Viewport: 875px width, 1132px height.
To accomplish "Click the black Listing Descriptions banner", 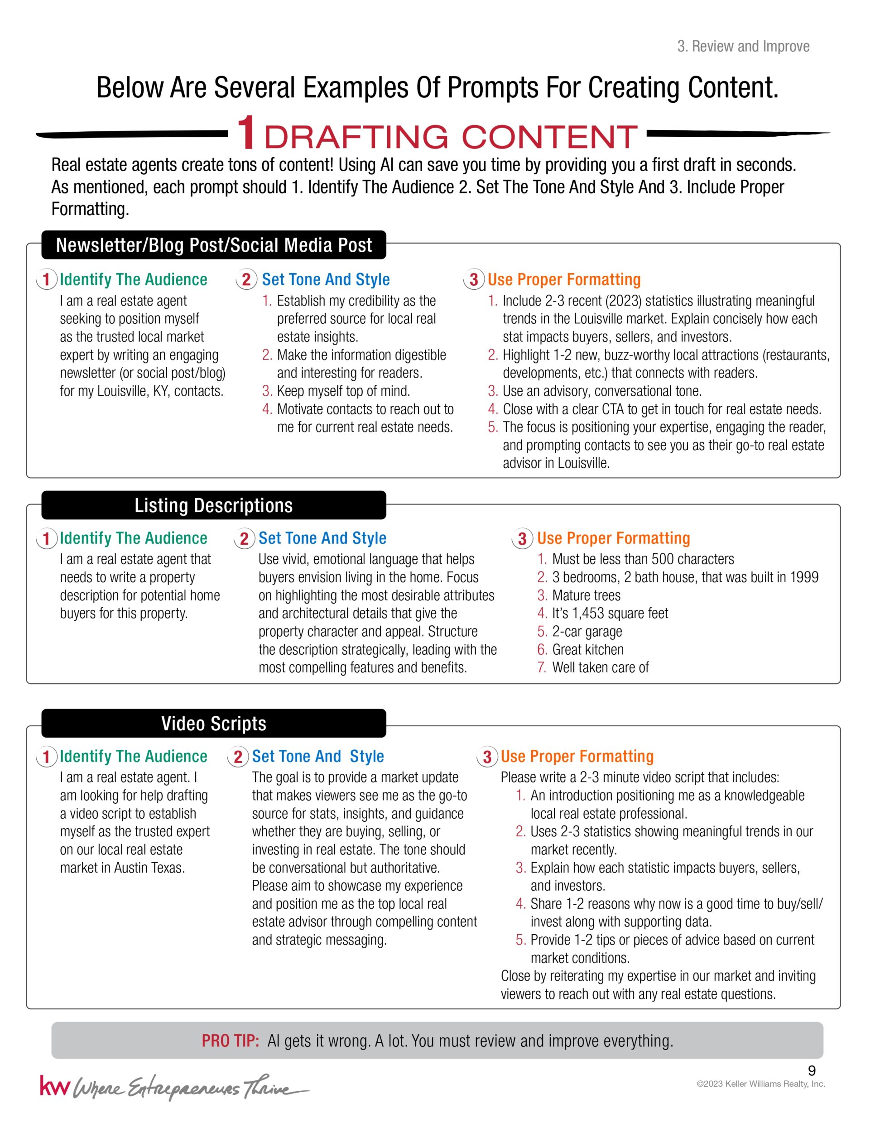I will pos(214,505).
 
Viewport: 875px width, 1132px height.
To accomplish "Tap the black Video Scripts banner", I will pos(214,723).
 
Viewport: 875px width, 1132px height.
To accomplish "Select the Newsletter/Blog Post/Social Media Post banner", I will pos(214,245).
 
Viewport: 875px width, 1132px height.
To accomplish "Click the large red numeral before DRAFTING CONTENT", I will pos(247,133).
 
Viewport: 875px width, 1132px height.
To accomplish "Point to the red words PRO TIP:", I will pos(230,1041).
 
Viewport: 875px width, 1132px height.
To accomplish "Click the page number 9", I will pos(812,1071).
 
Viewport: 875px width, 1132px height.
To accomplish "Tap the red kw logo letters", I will pos(54,1086).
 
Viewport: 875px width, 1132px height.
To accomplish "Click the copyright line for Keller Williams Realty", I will pos(760,1084).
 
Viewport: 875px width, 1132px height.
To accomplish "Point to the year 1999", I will pos(804,577).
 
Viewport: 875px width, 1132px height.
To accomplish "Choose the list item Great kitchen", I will pos(588,649).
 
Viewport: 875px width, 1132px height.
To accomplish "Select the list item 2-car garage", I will pos(587,631).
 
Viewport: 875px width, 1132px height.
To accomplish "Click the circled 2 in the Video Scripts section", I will pos(238,757).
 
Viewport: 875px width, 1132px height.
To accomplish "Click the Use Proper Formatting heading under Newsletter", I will pos(564,279).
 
